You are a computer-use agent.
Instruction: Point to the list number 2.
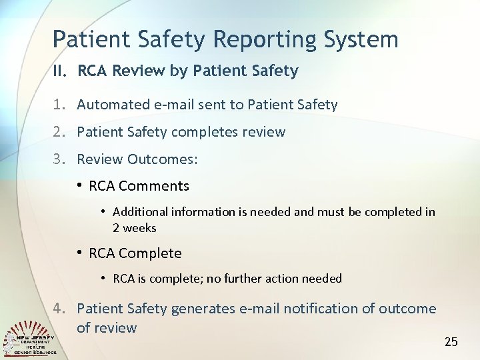(x=60, y=132)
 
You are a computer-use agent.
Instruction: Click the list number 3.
(x=60, y=159)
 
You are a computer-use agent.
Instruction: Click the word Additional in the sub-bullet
(x=140, y=212)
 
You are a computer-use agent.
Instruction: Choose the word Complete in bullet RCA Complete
(x=150, y=253)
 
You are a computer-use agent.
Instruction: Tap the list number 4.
(x=60, y=309)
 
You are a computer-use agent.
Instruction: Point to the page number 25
(x=451, y=342)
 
